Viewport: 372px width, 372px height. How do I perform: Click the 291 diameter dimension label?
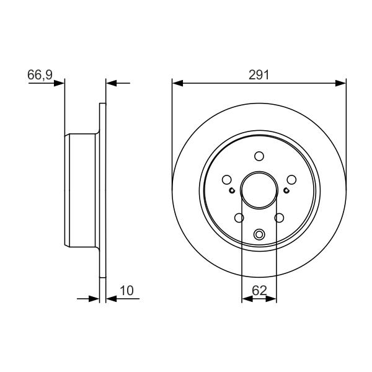[259, 75]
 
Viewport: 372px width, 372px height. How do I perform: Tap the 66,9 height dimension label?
[40, 75]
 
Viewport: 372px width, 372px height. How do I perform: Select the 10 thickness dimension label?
[126, 291]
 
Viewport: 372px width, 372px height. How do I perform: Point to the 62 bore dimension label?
[259, 290]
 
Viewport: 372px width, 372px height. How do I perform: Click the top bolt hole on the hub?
[259, 156]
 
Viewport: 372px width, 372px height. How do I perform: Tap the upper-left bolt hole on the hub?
[226, 180]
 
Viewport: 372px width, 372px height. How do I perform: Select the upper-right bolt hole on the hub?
[291, 180]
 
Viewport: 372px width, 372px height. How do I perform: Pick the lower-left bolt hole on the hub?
[239, 218]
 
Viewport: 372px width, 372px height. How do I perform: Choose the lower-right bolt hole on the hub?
[279, 218]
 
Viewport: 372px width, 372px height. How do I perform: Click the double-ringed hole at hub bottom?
[259, 234]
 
